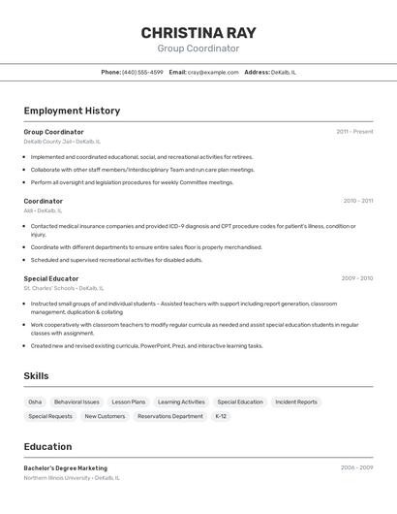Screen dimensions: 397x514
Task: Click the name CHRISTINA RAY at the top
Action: [198, 32]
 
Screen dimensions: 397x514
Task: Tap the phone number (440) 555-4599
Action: [142, 72]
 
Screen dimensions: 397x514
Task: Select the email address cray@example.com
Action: [213, 72]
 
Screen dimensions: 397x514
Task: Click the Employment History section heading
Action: [72, 111]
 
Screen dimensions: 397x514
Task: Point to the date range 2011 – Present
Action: [354, 132]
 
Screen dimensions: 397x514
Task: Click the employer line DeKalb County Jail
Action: [61, 142]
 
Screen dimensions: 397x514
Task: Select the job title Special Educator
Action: [51, 278]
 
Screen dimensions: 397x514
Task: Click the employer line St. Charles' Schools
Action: [63, 288]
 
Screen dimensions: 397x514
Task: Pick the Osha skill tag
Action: [35, 402]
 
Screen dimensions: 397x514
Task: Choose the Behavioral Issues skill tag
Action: [76, 402]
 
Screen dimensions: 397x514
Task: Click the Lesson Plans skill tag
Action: [128, 402]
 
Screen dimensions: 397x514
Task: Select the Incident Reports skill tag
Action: [296, 402]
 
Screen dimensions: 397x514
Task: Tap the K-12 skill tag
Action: [221, 416]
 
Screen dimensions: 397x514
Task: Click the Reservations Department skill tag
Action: [170, 416]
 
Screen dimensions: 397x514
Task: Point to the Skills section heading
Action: [36, 376]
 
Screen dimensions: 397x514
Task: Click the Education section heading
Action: [47, 447]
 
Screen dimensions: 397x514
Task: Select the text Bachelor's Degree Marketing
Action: [66, 468]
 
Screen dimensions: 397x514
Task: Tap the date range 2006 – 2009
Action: [356, 467]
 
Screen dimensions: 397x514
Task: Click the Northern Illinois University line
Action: [72, 478]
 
